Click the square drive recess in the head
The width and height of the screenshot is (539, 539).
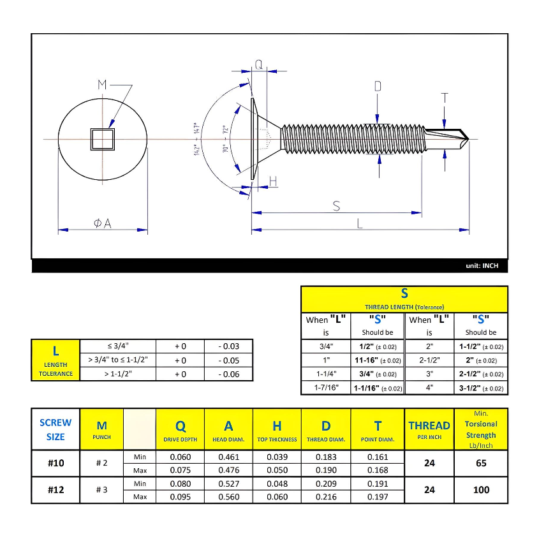(x=102, y=138)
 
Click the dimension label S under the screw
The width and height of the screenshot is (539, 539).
(x=336, y=206)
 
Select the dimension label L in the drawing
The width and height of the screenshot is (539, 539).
(x=360, y=223)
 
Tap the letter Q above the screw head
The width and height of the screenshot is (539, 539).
(x=259, y=64)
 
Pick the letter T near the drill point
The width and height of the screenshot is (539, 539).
(x=445, y=98)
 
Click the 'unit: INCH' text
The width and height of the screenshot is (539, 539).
(x=482, y=266)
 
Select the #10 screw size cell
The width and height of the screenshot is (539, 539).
(x=55, y=463)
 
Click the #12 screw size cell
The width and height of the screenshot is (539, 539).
(x=55, y=490)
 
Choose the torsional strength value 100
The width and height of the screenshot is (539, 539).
(x=481, y=490)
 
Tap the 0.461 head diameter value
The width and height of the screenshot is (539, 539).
(x=228, y=457)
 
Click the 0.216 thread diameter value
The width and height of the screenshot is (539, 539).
(x=326, y=497)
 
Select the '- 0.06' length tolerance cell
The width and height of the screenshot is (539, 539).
(x=228, y=374)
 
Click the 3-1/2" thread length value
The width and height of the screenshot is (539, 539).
(x=481, y=388)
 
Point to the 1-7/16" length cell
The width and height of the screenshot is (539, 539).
(x=326, y=388)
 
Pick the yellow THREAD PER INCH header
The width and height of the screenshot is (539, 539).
(x=429, y=429)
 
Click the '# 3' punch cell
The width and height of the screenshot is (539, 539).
(x=101, y=490)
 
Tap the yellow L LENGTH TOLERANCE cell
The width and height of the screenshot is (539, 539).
(x=55, y=360)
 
